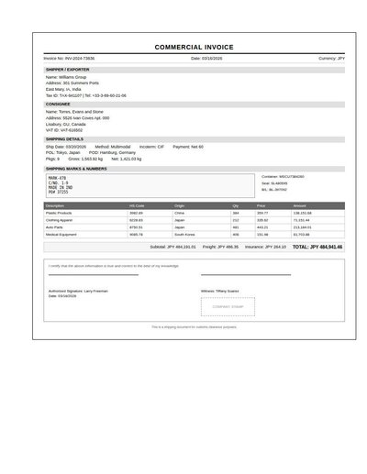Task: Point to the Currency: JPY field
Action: click(x=331, y=58)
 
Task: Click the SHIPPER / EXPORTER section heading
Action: click(x=68, y=69)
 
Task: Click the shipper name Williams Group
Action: click(x=73, y=77)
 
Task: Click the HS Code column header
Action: click(x=137, y=205)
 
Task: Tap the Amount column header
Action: click(x=300, y=205)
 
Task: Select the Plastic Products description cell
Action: click(x=59, y=213)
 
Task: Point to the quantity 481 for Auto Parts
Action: click(x=236, y=227)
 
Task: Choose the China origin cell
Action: click(x=179, y=213)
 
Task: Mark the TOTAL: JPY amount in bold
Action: click(x=317, y=247)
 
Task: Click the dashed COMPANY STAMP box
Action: click(x=228, y=307)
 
